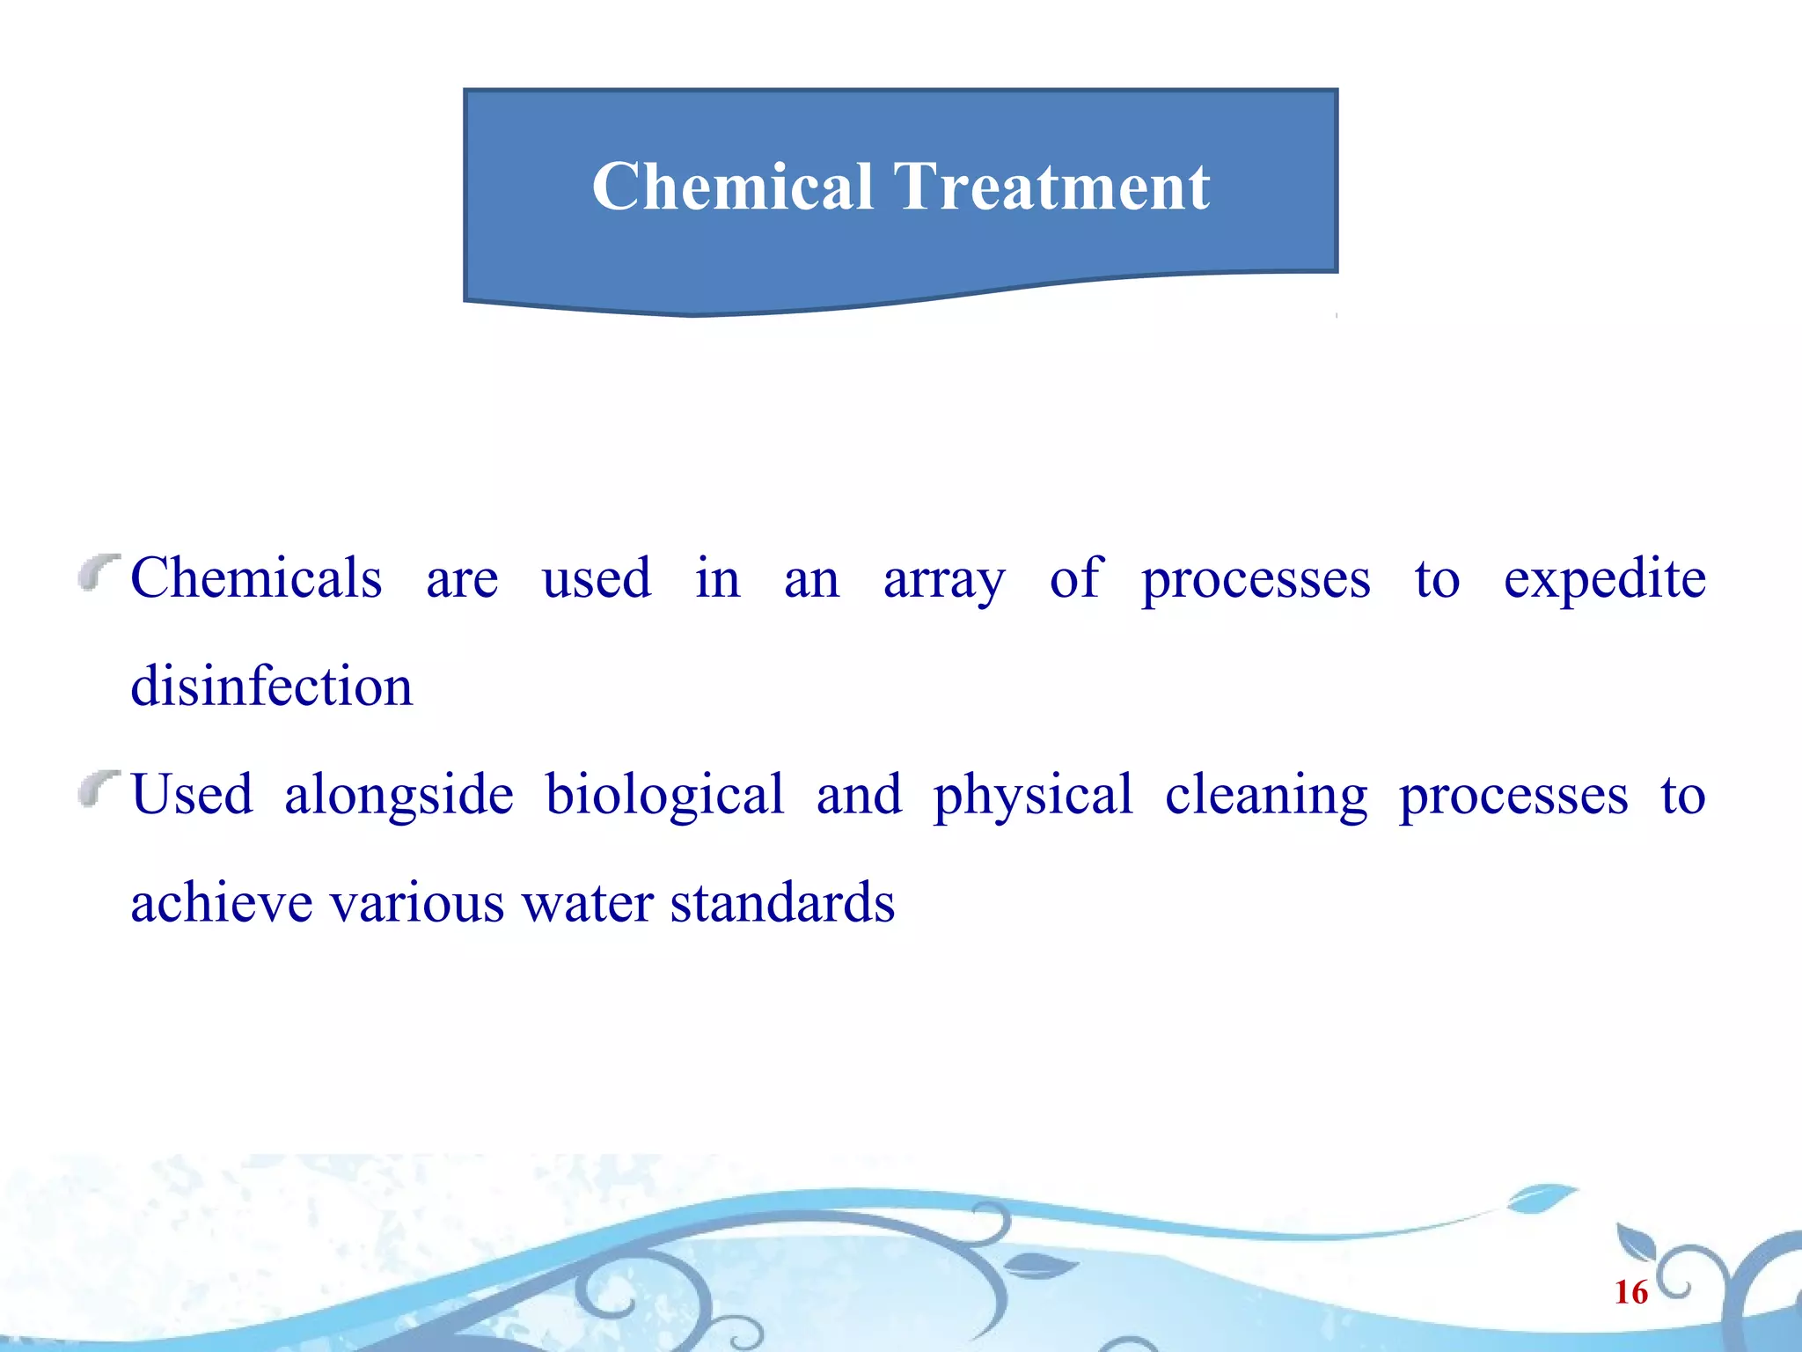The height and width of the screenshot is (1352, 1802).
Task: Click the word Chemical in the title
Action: click(x=732, y=187)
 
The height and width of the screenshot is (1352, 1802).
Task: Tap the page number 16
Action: click(x=1630, y=1292)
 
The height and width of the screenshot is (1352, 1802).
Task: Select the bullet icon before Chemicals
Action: click(x=98, y=572)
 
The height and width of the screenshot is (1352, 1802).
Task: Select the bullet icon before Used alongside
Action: click(x=98, y=788)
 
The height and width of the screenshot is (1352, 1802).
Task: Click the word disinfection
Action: click(x=271, y=687)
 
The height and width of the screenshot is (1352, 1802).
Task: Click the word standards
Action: click(x=782, y=903)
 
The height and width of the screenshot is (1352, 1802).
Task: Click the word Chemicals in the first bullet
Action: click(x=256, y=579)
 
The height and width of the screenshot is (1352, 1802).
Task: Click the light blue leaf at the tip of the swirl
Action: click(x=1542, y=1198)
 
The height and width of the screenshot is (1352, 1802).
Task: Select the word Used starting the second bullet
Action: click(x=192, y=795)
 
